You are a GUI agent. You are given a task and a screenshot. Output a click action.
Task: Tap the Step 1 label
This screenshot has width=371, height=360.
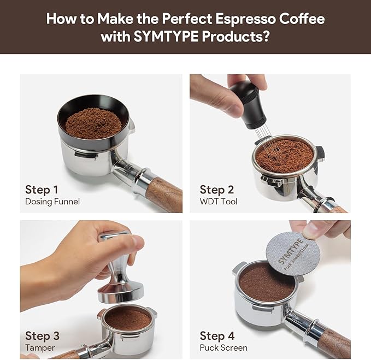point(42,190)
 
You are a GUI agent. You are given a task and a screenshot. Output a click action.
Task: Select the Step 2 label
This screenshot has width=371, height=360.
point(216,190)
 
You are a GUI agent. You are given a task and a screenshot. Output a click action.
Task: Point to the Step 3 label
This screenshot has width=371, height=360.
point(42,335)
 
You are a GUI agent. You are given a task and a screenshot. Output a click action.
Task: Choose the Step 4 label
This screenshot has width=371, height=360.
point(217,335)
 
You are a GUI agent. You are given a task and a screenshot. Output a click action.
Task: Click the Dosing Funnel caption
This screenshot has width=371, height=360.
point(52,202)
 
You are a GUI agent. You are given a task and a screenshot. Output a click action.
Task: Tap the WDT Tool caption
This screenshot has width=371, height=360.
point(219,202)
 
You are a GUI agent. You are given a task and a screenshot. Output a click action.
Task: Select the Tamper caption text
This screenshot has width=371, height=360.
point(40,347)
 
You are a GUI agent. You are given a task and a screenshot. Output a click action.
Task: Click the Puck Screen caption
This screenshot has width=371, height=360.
point(223,347)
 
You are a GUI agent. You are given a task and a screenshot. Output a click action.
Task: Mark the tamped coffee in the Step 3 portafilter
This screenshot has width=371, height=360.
point(127,319)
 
